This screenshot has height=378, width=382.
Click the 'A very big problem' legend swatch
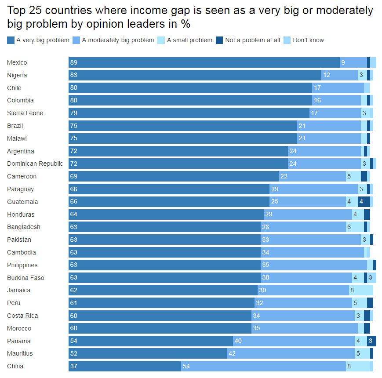pos(11,40)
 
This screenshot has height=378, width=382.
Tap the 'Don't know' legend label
pos(308,40)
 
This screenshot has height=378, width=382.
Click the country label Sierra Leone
pos(25,113)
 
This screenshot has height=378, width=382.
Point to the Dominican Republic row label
pos(35,164)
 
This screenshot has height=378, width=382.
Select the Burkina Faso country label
pos(25,278)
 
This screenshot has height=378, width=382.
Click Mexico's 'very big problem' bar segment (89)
pos(204,62)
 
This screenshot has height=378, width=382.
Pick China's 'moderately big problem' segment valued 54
pos(263,366)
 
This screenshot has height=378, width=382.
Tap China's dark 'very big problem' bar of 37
pos(125,366)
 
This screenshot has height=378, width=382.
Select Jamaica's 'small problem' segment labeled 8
pos(361,290)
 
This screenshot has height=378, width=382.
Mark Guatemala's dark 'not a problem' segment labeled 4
pos(364,202)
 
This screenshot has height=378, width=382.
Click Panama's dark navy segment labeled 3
pos(371,341)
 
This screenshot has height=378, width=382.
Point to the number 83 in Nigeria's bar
pos(74,75)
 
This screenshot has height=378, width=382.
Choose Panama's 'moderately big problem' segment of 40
pos(294,341)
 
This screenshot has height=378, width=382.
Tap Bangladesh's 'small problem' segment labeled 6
pos(355,227)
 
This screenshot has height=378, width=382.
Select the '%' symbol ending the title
pos(186,24)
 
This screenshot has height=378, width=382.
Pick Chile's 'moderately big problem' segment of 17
pos(338,88)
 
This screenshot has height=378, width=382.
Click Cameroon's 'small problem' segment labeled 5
pos(353,176)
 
